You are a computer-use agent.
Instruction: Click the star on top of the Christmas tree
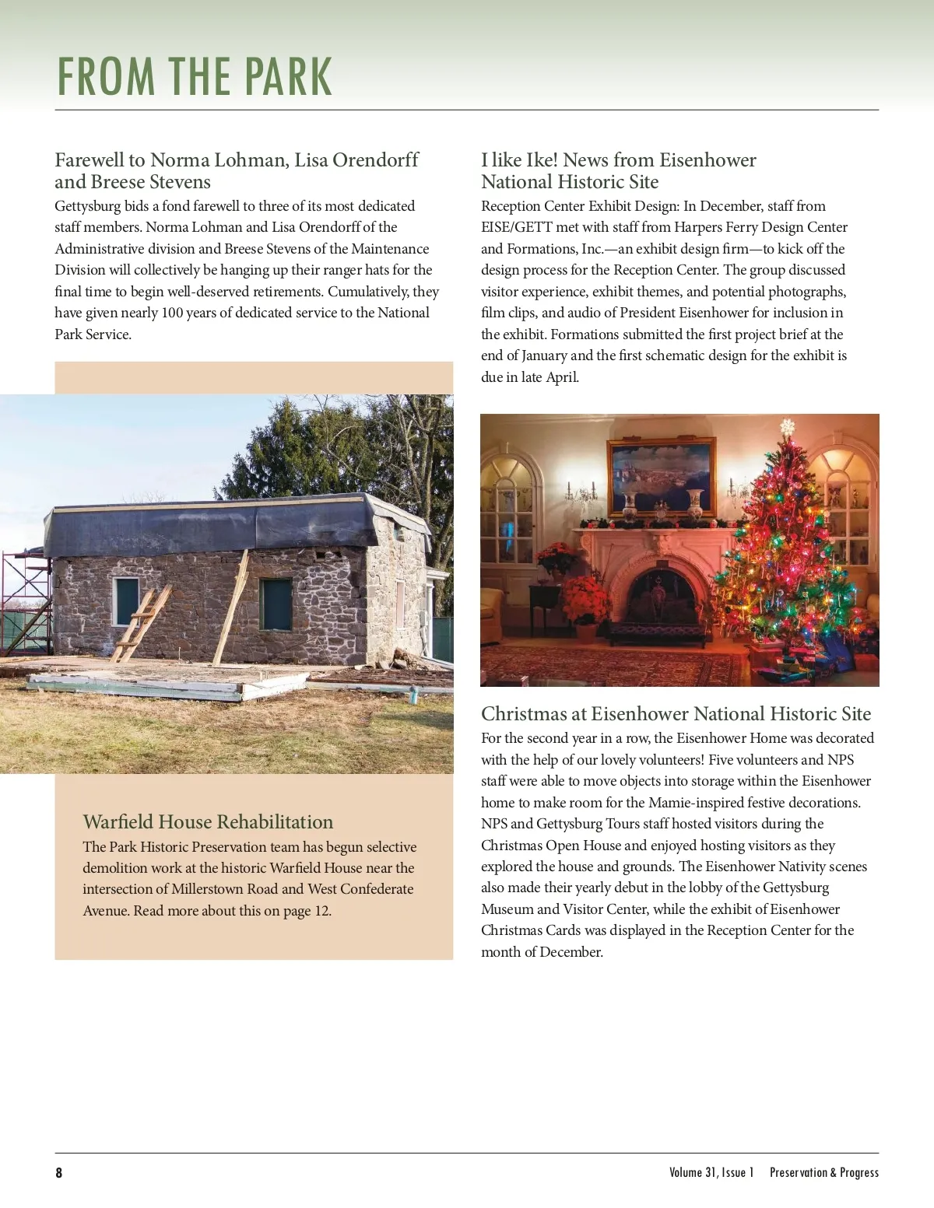pos(787,426)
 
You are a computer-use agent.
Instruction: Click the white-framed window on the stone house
pos(126,601)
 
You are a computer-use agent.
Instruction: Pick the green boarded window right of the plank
pos(276,604)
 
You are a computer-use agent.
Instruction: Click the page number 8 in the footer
pos(59,1172)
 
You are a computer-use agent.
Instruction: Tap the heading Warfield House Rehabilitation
pos(208,821)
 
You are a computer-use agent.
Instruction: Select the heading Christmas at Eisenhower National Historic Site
pos(676,713)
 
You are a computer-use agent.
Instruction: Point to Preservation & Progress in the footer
pos(823,1172)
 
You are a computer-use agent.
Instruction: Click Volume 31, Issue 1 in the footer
pos(711,1172)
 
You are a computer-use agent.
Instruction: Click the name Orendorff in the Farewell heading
pos(375,159)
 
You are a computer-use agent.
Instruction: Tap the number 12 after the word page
pos(321,911)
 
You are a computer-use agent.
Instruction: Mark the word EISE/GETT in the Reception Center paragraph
pos(515,227)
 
